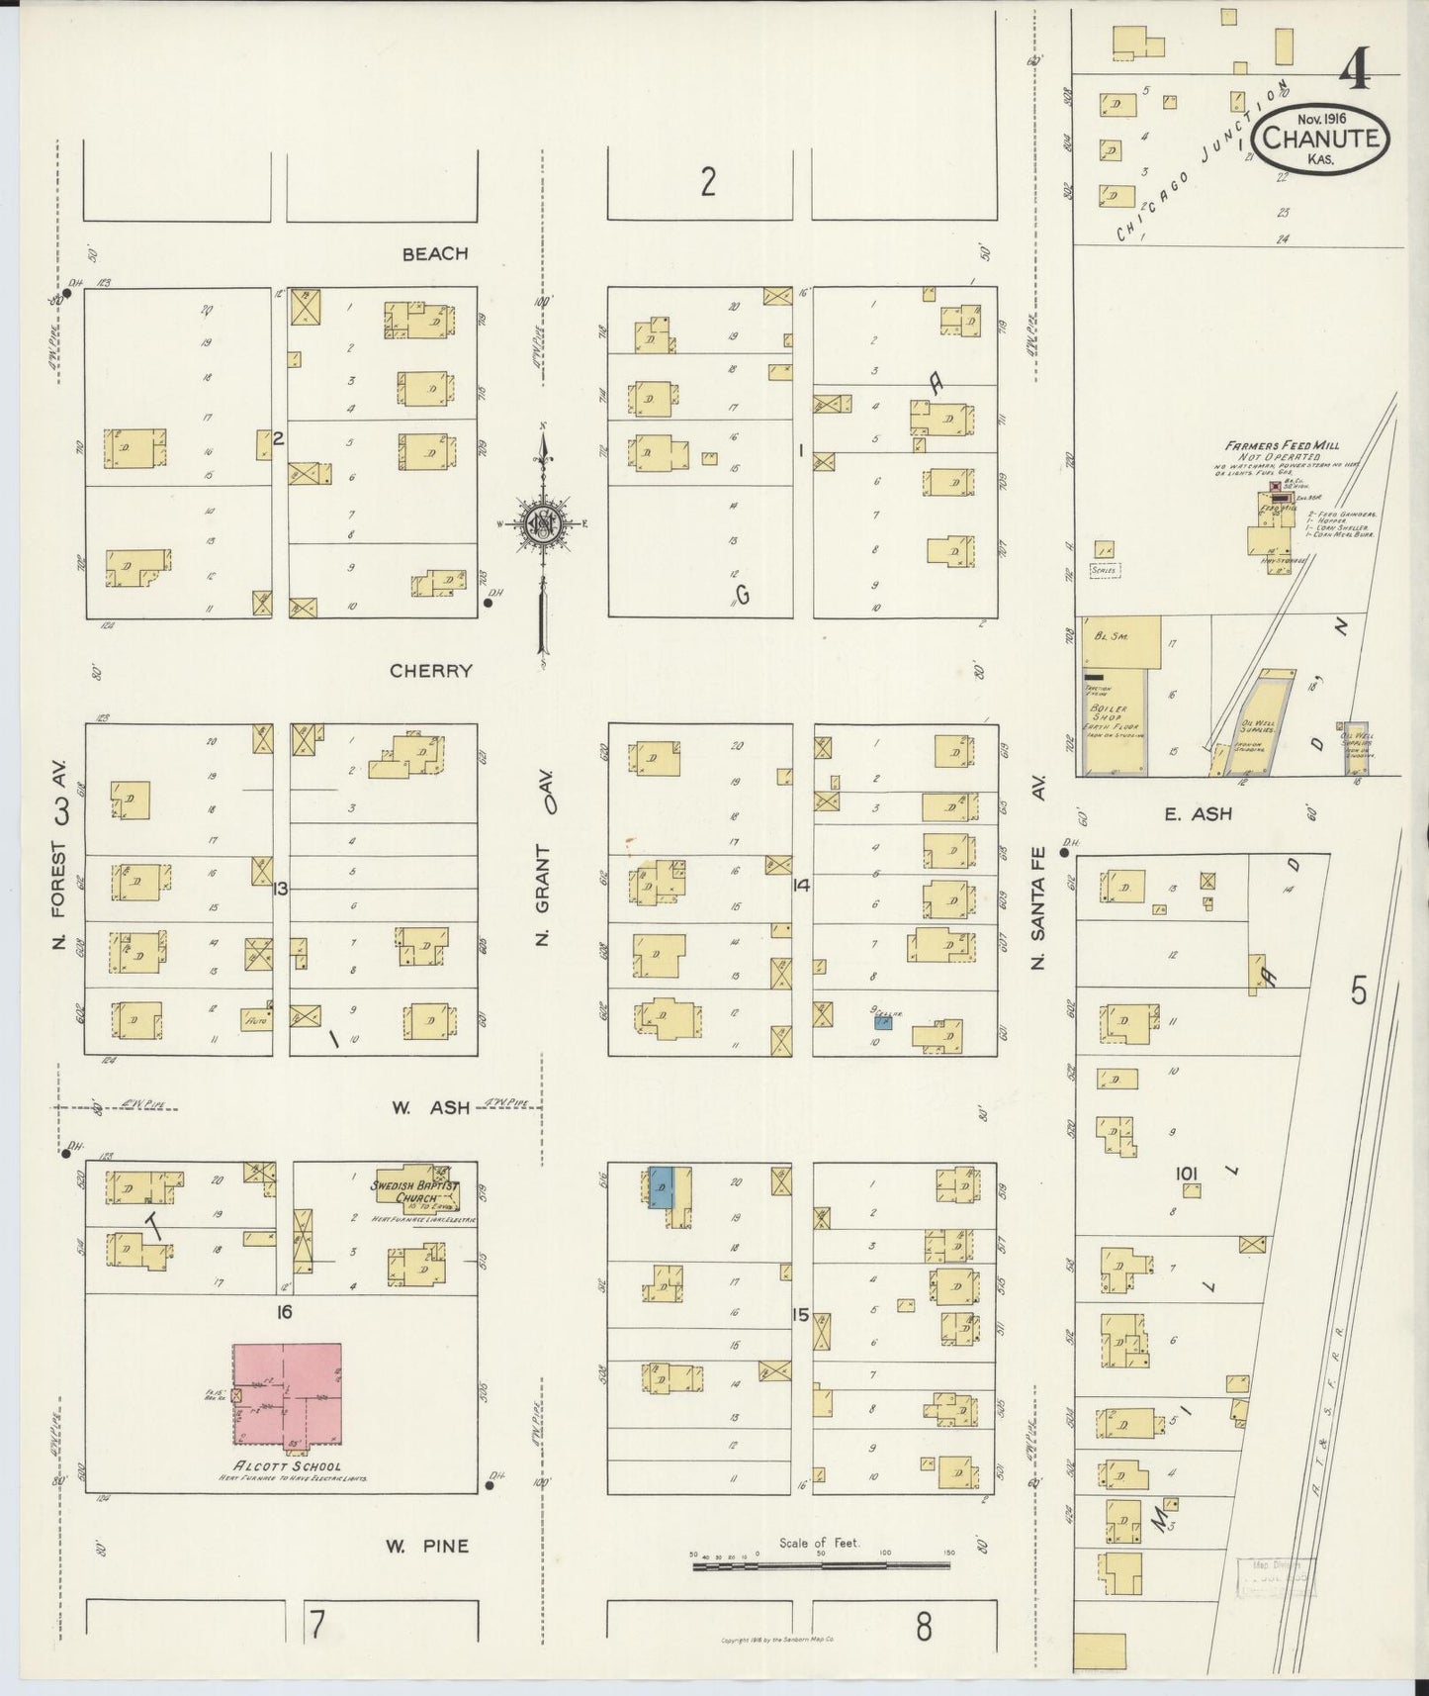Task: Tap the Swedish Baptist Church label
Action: coord(412,1191)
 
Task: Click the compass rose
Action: coord(543,524)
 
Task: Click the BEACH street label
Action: coord(435,254)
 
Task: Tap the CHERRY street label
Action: coord(430,671)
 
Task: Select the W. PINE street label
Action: coord(426,1546)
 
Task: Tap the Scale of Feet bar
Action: coord(820,1565)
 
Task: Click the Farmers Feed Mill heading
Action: coord(1282,446)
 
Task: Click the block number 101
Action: coord(1187,1174)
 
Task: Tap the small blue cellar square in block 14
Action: coord(883,1023)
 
